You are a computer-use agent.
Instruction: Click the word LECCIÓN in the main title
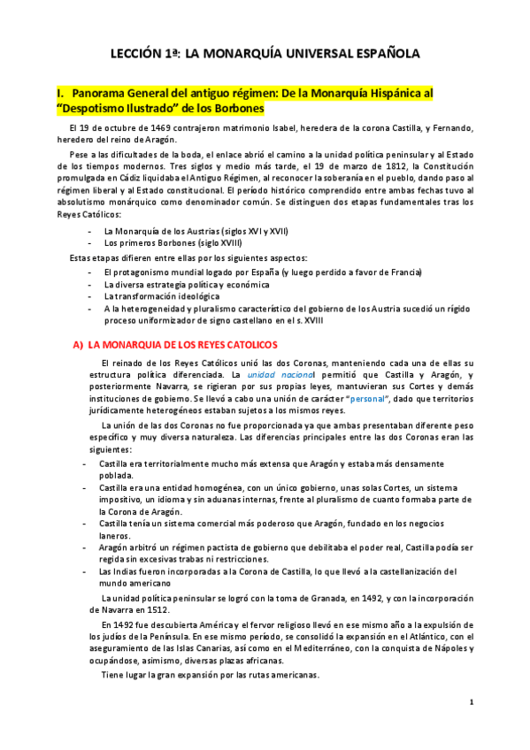tap(136, 54)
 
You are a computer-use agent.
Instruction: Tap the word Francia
tap(404, 272)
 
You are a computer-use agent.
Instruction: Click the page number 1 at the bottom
tap(472, 703)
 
